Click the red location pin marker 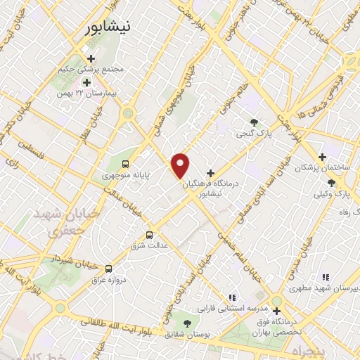(x=181, y=165)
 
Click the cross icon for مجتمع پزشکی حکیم (x=90, y=58)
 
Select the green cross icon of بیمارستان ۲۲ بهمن (x=86, y=82)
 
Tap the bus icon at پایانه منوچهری (x=125, y=164)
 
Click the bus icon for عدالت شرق (x=148, y=236)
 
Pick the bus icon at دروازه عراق (x=108, y=268)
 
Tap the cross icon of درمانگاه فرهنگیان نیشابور (x=211, y=173)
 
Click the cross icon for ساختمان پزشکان (x=322, y=157)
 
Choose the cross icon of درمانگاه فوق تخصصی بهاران (x=277, y=310)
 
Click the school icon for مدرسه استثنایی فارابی (x=232, y=297)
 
